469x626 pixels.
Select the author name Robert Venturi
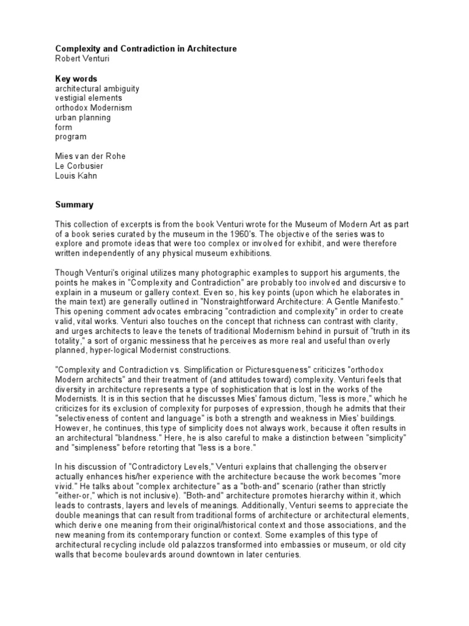83,58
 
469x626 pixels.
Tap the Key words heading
76,79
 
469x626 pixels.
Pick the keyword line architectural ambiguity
97,89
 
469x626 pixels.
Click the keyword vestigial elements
89,98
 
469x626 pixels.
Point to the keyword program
71,137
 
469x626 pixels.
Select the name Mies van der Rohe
90,156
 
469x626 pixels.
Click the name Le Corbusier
78,166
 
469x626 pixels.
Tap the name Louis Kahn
76,176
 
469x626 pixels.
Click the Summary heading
75,205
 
